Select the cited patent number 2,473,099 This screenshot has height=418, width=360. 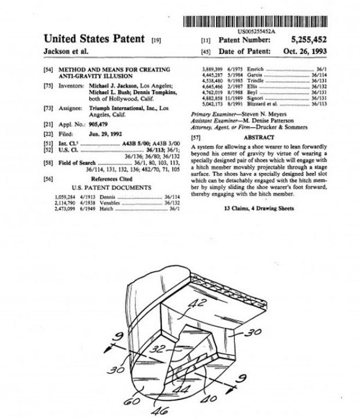click(66, 209)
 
